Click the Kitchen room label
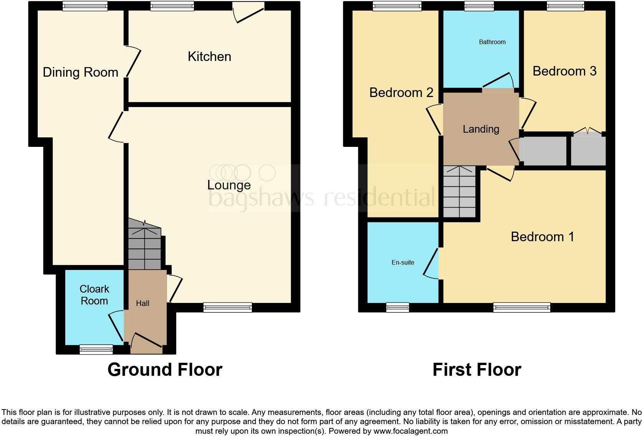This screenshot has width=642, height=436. coord(209,57)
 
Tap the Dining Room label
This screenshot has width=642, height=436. coord(80,72)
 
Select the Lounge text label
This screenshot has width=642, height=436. coord(229,185)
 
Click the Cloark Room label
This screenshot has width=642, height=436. coord(94,295)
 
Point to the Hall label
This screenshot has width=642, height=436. coord(142,303)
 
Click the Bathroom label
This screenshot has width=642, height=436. coord(492,42)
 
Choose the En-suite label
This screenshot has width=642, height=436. coord(403,263)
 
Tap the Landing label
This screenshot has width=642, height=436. coord(481,129)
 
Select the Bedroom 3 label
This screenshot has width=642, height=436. coord(564,71)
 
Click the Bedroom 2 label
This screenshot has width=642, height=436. coord(401,93)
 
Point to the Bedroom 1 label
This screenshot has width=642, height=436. coord(542,237)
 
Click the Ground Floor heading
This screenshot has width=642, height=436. coord(165,370)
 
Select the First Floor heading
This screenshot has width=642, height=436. coord(477,370)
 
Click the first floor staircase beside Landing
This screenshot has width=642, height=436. coord(459,192)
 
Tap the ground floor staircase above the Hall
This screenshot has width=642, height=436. coord(144,245)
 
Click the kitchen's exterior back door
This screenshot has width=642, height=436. coord(249,12)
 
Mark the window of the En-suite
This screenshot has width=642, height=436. coord(397,307)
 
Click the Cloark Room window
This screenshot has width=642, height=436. coord(96,349)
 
